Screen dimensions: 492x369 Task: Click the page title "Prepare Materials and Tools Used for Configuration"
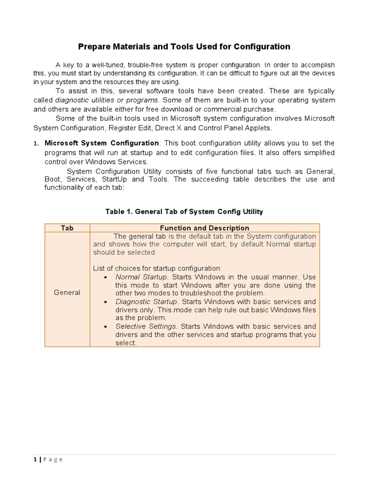[x=184, y=47]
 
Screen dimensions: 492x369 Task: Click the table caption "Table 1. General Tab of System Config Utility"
[x=184, y=211]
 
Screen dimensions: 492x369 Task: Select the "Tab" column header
[x=67, y=228]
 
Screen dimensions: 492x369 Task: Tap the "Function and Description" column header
[x=204, y=228]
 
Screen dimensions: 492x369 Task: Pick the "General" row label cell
[x=67, y=292]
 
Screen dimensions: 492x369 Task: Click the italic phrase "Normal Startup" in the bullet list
[x=141, y=277]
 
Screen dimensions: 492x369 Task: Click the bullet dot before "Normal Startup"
[x=105, y=278]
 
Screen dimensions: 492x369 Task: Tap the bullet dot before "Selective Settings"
[x=105, y=327]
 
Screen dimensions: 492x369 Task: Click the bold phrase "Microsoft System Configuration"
[x=101, y=143]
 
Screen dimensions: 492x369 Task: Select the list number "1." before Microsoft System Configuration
[x=36, y=144]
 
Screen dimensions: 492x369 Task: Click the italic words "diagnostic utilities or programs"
[x=107, y=100]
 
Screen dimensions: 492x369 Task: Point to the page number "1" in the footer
[x=36, y=459]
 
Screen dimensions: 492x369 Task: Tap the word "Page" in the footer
[x=53, y=459]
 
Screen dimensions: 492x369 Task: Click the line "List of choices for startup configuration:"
[x=158, y=268]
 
